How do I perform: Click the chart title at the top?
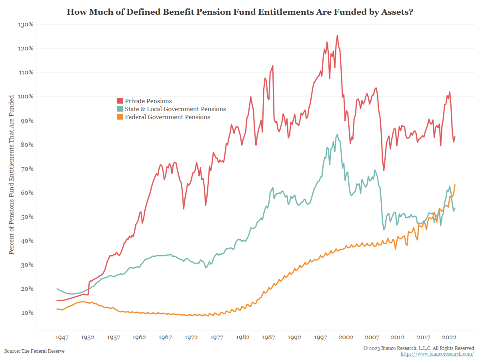[x=240, y=12]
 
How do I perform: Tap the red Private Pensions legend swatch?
[x=120, y=101]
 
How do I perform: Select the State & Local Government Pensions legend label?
[x=175, y=109]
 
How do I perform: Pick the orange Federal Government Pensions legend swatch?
[x=120, y=117]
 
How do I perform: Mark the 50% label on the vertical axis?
[x=26, y=217]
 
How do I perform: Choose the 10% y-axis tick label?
[x=26, y=313]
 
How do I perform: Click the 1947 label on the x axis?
[x=62, y=337]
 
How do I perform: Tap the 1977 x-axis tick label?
[x=217, y=337]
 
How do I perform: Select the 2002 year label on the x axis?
[x=346, y=337]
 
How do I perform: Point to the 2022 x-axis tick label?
[x=450, y=337]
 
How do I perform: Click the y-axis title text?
[x=12, y=174]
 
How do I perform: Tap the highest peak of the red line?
[x=337, y=35]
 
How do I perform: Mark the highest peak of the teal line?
[x=337, y=134]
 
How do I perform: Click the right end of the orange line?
[x=455, y=185]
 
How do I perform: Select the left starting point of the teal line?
[x=57, y=289]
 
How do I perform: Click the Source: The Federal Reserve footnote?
[x=34, y=351]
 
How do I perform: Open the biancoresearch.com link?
[x=437, y=354]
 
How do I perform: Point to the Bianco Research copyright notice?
[x=419, y=348]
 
